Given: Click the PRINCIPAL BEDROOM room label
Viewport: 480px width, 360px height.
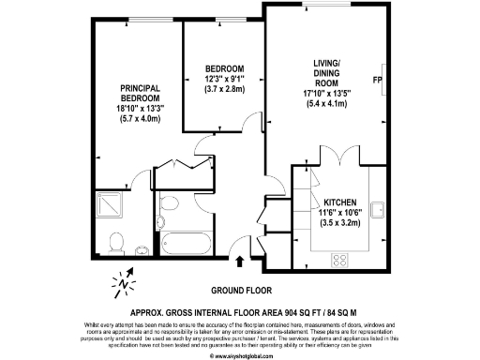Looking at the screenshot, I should [138, 93].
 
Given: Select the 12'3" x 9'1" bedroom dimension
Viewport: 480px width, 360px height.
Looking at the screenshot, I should [224, 80].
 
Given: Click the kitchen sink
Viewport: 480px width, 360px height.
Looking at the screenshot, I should [378, 209].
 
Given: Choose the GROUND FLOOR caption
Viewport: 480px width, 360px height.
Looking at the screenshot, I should [239, 289].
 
